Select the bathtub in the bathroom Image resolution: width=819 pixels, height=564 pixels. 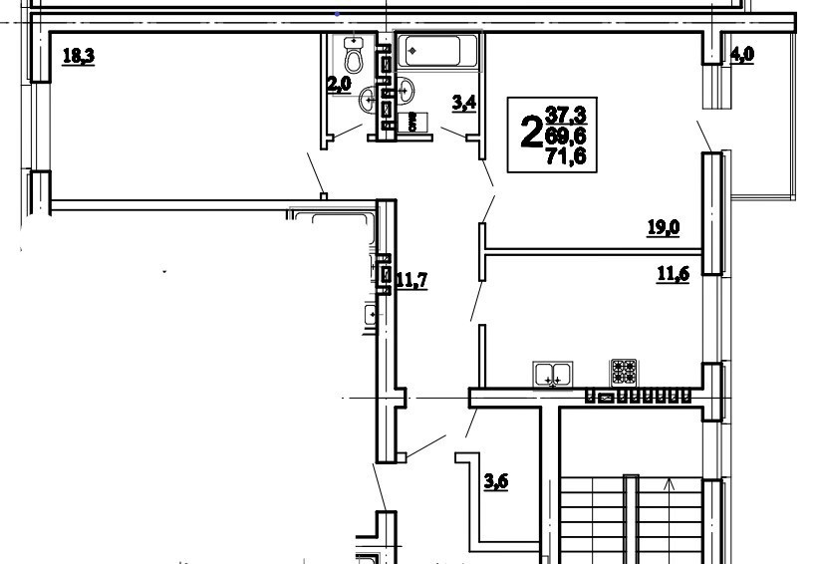click(438, 50)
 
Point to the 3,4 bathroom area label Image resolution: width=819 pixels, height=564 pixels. click(463, 102)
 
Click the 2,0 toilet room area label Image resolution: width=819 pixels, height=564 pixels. click(340, 85)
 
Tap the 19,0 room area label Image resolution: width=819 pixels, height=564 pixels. click(663, 228)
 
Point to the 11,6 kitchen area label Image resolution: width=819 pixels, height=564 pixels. click(673, 275)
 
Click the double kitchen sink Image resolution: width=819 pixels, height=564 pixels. click(552, 375)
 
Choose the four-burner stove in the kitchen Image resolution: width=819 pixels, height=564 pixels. click(624, 372)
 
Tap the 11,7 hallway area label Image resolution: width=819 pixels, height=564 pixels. click(410, 280)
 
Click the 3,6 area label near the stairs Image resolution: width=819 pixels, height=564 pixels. click(496, 483)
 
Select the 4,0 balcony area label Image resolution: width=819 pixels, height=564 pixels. click(742, 56)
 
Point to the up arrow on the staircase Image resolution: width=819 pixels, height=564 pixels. click(670, 485)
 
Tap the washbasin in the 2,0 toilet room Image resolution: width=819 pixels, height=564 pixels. click(370, 99)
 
